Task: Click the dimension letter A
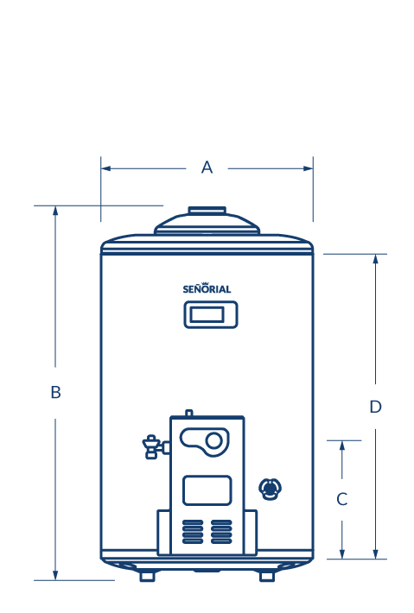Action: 207,167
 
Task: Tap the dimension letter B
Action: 55,392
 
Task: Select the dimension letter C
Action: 342,499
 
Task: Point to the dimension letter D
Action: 376,407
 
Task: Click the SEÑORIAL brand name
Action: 207,288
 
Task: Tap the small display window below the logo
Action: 211,314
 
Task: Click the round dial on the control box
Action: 213,440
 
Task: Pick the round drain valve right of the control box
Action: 270,489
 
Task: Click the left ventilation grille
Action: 193,532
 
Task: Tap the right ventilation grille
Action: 221,532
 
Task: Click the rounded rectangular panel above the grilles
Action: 207,490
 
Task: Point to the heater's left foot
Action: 148,576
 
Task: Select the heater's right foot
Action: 267,576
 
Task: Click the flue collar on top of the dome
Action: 207,211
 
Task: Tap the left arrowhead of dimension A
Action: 105,168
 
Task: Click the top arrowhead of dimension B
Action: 55,211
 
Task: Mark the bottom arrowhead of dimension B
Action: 55,575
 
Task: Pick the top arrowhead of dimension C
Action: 342,446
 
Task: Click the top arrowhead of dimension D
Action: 376,259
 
